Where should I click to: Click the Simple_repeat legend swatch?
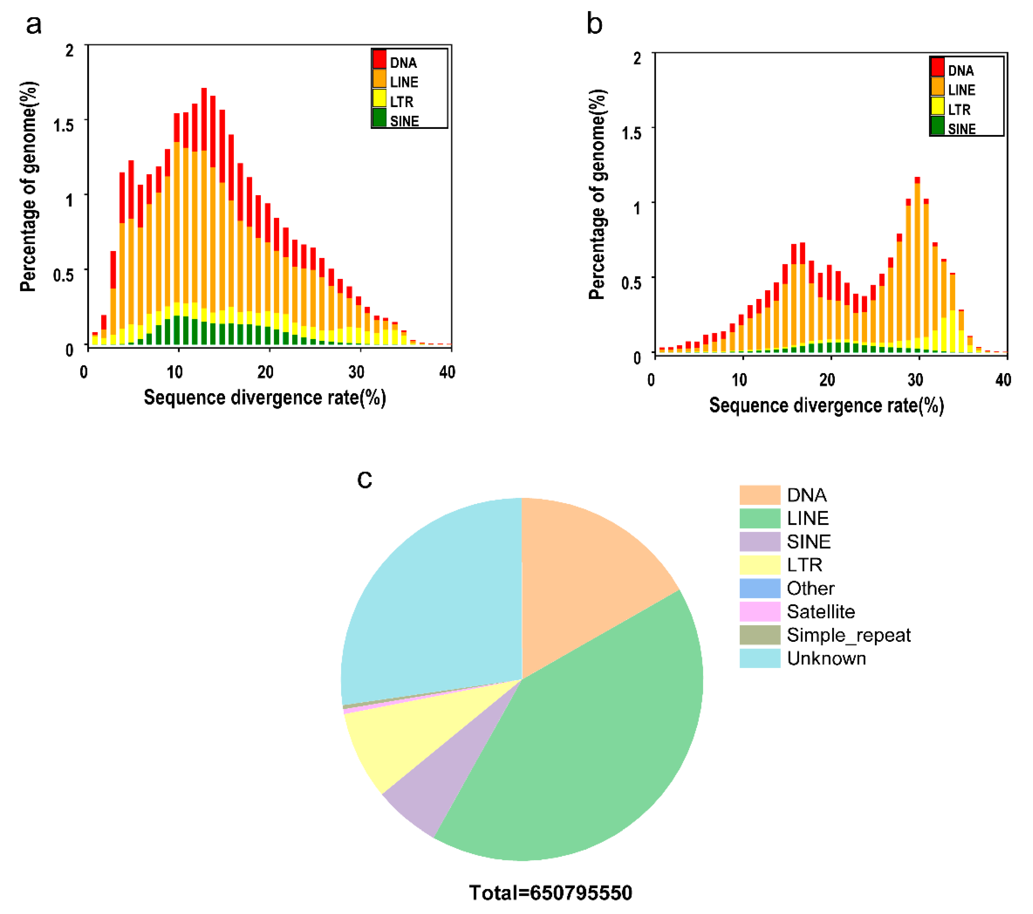coord(760,635)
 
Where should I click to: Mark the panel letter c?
coord(364,479)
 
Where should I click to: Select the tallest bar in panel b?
coord(917,263)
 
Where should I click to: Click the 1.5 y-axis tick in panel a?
coord(64,125)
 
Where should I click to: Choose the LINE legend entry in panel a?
coord(403,82)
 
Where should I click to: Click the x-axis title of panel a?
coord(265,397)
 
